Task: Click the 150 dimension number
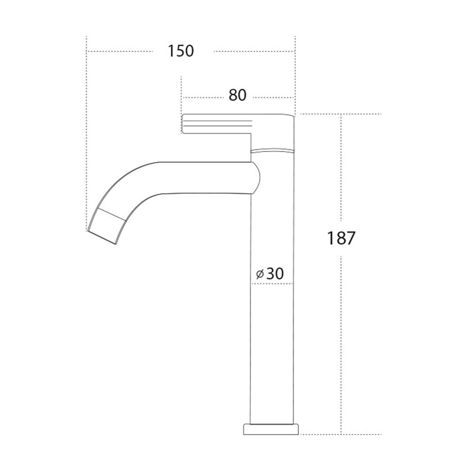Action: (181, 51)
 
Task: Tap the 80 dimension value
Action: (237, 95)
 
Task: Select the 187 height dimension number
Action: (341, 238)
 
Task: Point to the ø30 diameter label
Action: (270, 273)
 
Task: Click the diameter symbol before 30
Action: (260, 273)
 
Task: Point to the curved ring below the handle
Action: (272, 150)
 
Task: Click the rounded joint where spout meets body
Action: (256, 178)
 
